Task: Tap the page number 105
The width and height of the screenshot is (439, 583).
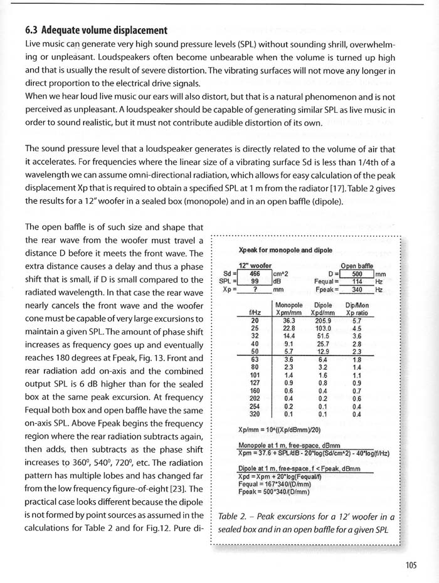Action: (x=411, y=565)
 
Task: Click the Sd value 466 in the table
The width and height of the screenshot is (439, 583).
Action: (x=254, y=273)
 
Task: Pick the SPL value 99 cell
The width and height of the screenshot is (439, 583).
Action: (x=254, y=281)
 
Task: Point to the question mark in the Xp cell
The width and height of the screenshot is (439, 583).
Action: (x=254, y=290)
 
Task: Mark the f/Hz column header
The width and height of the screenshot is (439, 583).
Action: (x=255, y=312)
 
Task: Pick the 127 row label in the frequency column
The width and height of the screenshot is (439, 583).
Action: (x=255, y=382)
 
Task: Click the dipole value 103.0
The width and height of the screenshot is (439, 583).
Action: (x=324, y=328)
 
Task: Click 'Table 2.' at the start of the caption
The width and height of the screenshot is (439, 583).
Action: (x=235, y=517)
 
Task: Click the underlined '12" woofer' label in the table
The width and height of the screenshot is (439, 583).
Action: (x=255, y=265)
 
